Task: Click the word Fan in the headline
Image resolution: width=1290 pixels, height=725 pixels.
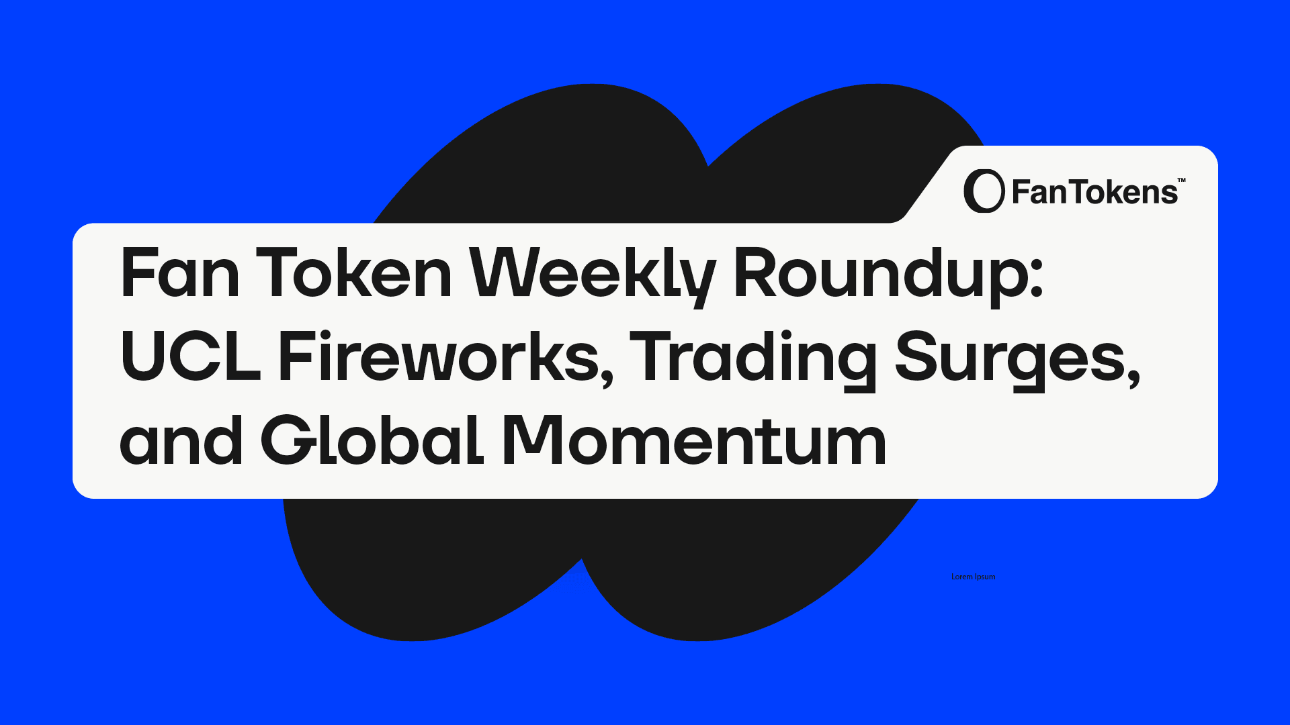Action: click(179, 273)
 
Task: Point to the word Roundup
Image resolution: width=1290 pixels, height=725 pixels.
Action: click(880, 276)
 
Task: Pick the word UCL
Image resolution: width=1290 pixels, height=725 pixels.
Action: click(190, 356)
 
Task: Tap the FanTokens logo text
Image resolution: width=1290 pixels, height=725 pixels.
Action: click(1094, 192)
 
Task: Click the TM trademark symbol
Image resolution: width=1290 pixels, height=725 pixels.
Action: click(1182, 180)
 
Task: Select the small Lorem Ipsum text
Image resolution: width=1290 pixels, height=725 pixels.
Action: click(974, 577)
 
